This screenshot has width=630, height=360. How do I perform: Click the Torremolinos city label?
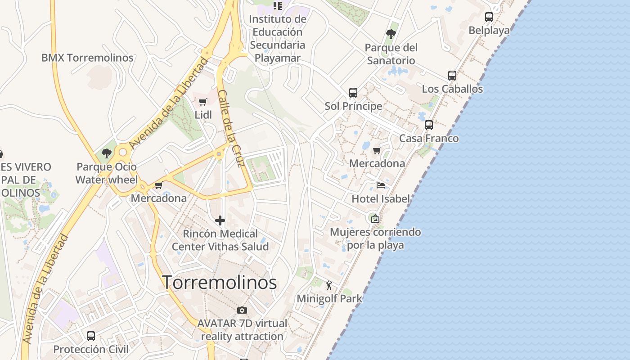coord(219,282)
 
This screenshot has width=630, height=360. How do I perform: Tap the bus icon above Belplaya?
coord(489,17)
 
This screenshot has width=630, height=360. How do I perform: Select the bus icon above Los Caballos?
coord(452,76)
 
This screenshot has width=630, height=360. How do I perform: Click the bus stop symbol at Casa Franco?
coord(429,125)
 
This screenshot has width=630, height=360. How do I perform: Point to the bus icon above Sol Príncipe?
coord(353,93)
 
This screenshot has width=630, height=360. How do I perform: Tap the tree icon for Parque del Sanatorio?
coord(391,34)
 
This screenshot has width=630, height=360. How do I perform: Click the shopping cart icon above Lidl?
coord(203,102)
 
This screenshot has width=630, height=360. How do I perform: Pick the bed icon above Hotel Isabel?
coord(381,185)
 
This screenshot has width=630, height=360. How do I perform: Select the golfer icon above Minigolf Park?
coord(329,285)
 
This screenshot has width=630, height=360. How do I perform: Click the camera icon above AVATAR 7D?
coord(242,310)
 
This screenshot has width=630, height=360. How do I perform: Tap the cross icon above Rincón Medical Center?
coord(220,220)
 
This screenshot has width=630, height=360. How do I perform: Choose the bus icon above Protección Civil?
coord(91,336)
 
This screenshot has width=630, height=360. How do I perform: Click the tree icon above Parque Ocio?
coord(107,153)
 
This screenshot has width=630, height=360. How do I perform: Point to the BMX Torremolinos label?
coord(87,58)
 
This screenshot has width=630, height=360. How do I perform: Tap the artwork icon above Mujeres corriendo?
coord(375,219)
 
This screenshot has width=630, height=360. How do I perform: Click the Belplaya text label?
coord(489,30)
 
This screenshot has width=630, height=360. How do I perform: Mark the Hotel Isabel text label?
coord(381,198)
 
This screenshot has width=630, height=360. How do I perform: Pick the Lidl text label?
coord(203,115)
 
